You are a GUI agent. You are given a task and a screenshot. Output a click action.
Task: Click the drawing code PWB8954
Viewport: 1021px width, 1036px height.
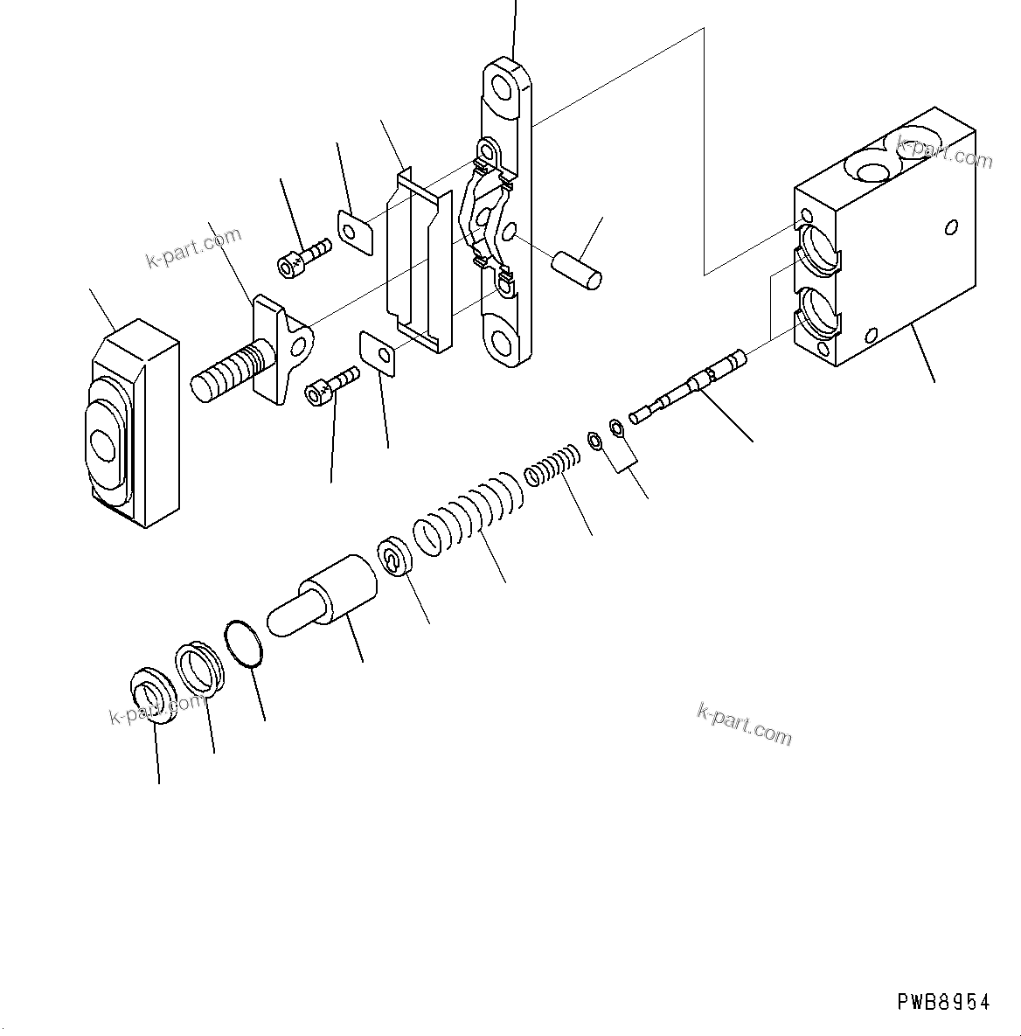(943, 1002)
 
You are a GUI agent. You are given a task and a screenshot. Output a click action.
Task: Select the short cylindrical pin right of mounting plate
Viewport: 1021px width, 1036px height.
(578, 268)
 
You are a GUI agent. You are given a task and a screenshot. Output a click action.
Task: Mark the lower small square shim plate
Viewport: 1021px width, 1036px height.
(379, 353)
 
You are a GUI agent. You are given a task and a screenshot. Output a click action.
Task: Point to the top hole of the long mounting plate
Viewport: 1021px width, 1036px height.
(505, 88)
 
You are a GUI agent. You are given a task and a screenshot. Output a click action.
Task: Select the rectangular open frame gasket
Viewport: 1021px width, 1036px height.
(419, 262)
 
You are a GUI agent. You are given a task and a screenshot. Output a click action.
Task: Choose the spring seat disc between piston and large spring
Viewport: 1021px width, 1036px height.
(395, 557)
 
